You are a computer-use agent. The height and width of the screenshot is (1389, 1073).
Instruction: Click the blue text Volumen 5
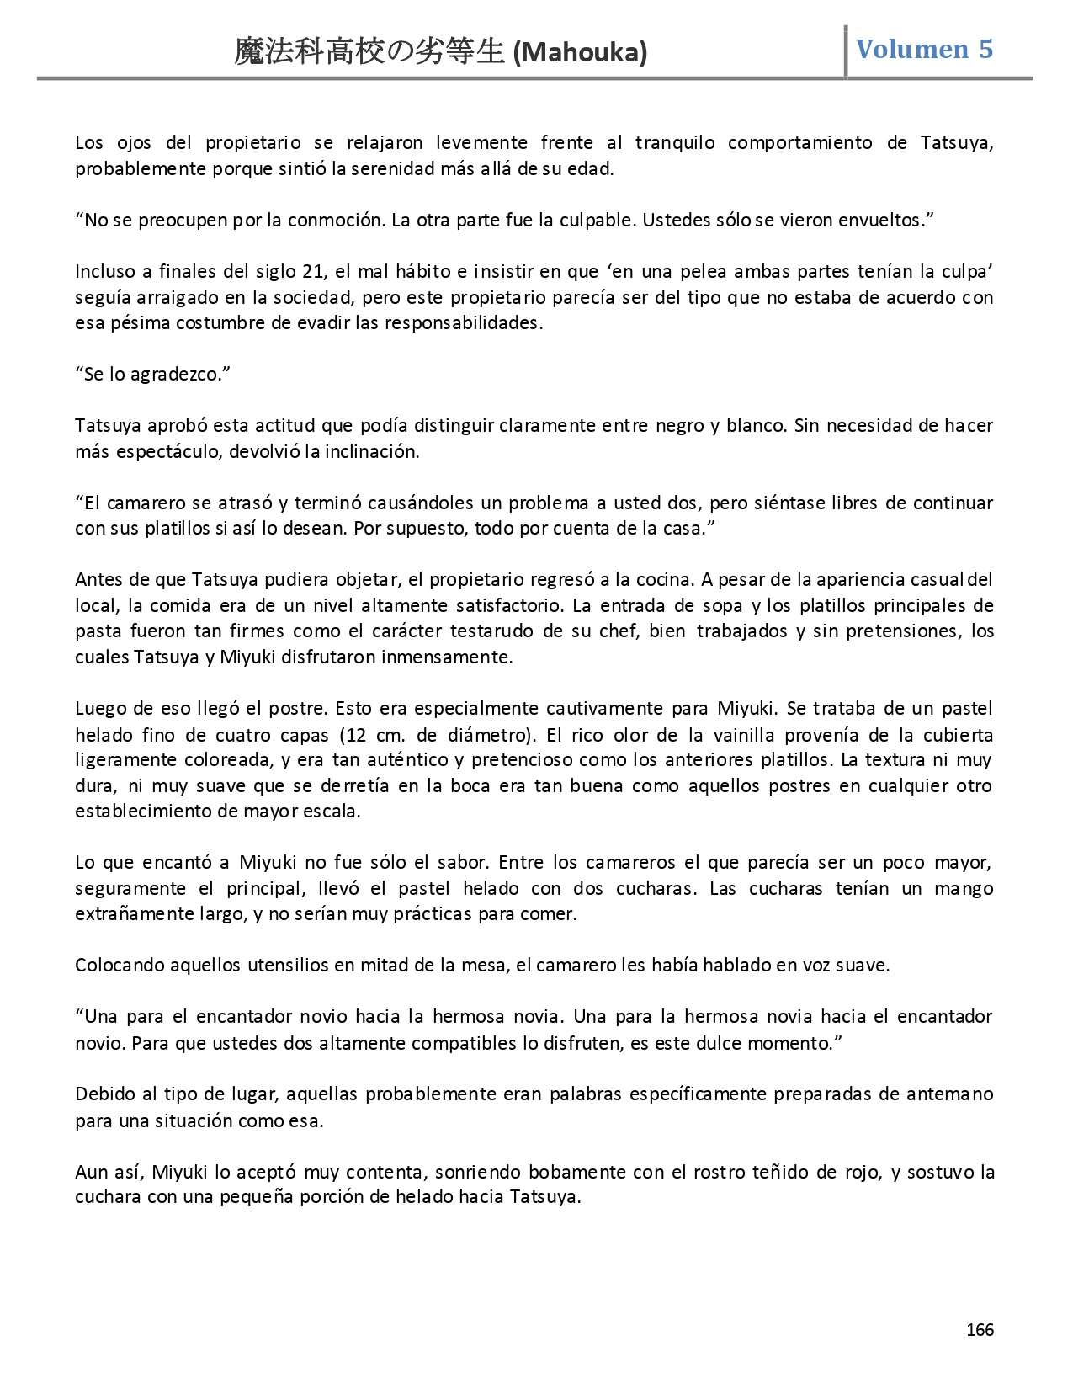924,49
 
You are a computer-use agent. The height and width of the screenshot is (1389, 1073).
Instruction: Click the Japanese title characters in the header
370,53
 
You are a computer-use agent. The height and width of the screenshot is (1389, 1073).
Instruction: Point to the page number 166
980,1330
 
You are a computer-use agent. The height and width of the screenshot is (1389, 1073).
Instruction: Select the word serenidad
400,168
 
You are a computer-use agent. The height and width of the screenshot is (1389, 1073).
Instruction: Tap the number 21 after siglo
314,272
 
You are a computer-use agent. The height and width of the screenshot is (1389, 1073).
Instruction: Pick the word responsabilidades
463,323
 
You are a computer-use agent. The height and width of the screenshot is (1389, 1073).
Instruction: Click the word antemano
949,1094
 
